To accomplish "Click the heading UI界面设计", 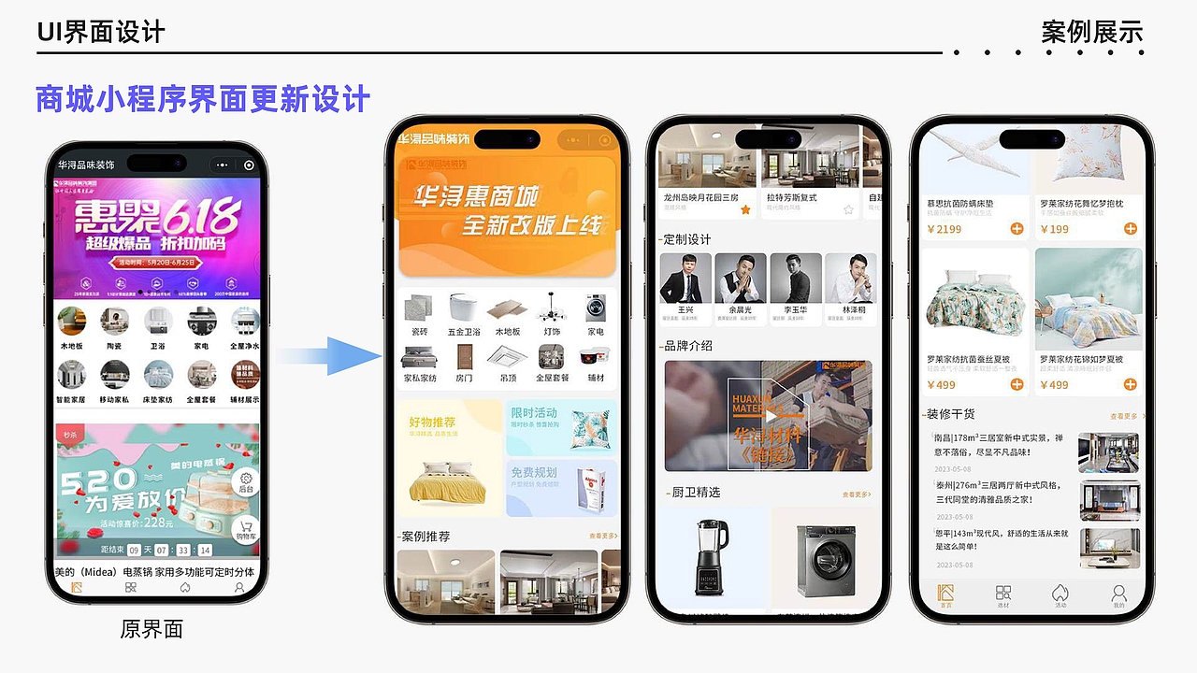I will coord(101,32).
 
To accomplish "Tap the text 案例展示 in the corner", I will coord(1092,32).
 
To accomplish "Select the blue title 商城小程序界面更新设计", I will coord(203,99).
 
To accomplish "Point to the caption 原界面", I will coord(151,629).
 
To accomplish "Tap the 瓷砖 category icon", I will coord(420,308).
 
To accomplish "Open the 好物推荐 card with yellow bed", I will coord(450,458).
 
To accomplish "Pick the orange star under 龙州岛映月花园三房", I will coord(745,210).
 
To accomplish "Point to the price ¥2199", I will coord(944,229).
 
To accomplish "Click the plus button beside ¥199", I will coord(1130,229).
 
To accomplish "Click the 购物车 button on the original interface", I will coord(246,529).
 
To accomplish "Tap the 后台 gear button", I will coord(246,480).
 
